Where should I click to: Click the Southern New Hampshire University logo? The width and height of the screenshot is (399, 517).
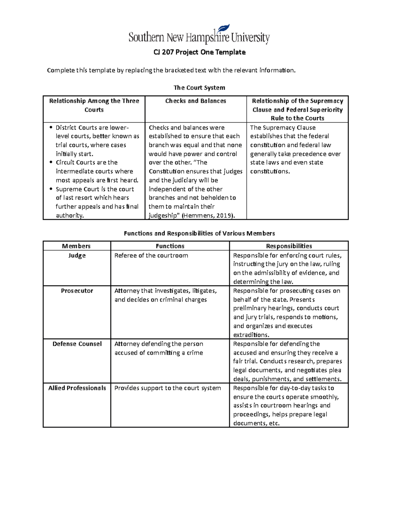coord(199,35)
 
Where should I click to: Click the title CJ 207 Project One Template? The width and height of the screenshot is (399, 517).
coord(199,52)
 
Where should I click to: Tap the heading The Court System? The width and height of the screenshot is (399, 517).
coord(199,88)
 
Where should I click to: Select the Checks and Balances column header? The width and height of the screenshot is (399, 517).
coord(196,101)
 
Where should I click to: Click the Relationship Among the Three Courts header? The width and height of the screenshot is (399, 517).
coord(94,105)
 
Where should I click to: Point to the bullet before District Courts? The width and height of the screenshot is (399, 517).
coord(51,127)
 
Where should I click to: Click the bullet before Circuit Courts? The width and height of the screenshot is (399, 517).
coord(51,162)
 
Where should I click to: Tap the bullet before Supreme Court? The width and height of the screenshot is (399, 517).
coord(51,189)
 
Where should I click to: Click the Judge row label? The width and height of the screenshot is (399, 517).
coord(77,255)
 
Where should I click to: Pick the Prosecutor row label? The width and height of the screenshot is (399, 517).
coord(77,291)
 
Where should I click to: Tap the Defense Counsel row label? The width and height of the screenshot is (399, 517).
coord(77,344)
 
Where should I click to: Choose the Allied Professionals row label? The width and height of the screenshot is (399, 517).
coord(77,388)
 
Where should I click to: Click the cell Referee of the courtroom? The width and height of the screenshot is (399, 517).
coord(151,255)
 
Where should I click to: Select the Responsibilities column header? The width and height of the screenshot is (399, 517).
coord(289,246)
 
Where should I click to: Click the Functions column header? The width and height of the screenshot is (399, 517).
coord(170,246)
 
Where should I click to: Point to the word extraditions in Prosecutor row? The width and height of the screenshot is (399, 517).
coord(251,335)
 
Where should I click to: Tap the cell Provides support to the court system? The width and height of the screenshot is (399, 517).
coord(168,388)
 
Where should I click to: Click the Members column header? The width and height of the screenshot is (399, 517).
coord(76,246)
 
